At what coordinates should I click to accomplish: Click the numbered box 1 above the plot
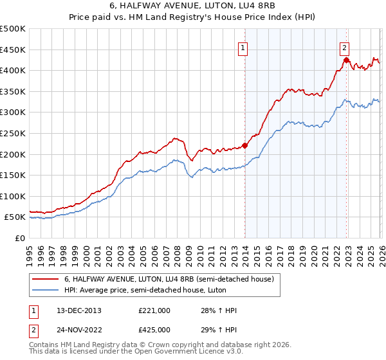click(x=244, y=47)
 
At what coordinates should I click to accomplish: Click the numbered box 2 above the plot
click(x=345, y=47)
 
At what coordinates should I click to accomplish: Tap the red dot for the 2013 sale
click(x=245, y=145)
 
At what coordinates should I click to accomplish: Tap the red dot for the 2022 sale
click(x=346, y=60)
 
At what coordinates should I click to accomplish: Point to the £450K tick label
click(x=13, y=50)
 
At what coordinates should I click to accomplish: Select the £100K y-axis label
click(x=13, y=197)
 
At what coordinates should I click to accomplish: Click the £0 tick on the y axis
click(x=20, y=239)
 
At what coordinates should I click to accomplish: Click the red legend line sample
click(x=46, y=279)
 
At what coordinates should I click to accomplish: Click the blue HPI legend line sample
click(x=46, y=290)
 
